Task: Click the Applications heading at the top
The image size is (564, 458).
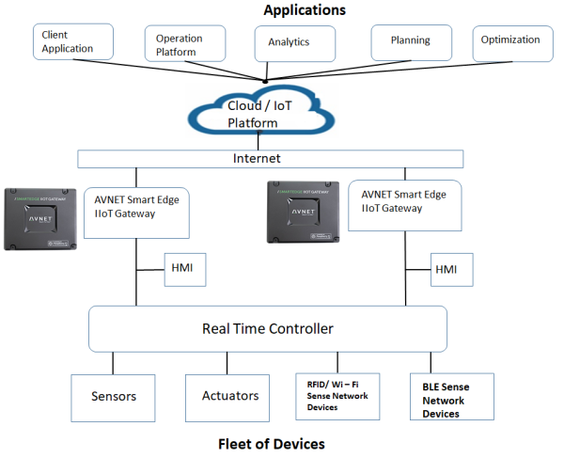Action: [x=304, y=9]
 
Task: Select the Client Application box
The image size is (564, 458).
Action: [x=72, y=42]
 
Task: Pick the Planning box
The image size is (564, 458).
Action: [x=411, y=41]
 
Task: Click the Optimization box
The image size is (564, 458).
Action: [x=510, y=40]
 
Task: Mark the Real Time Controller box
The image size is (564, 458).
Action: [x=267, y=329]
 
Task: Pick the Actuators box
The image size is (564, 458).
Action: [x=229, y=396]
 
